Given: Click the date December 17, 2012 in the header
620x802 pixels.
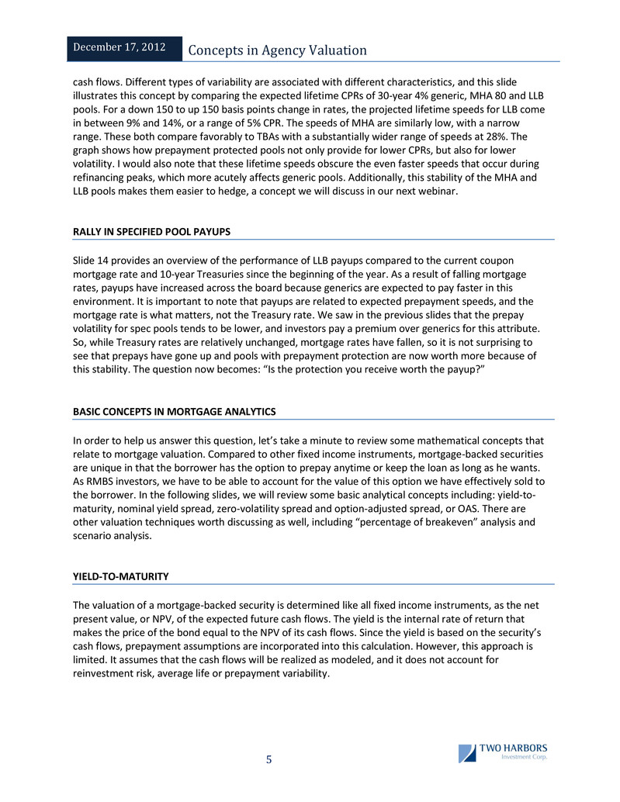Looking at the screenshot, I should click(119, 47).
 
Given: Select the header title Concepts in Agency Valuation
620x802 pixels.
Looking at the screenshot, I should click(278, 50).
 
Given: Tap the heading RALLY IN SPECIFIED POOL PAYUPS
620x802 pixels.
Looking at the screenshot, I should click(151, 232).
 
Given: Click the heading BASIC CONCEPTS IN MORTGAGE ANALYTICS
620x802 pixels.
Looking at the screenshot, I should click(174, 410).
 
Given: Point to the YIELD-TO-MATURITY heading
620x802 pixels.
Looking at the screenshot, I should click(120, 576).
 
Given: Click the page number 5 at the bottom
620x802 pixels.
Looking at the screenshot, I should click(269, 759).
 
